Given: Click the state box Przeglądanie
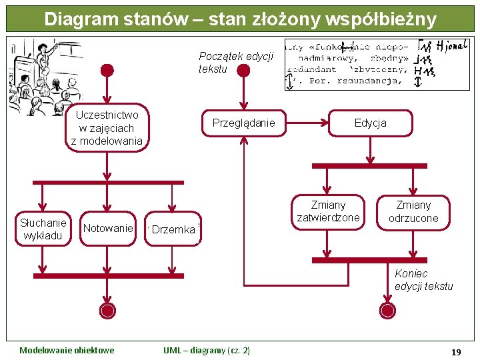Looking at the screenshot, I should (x=243, y=123).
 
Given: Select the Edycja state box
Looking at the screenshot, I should (x=370, y=123).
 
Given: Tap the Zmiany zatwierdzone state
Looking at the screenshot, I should (x=328, y=211).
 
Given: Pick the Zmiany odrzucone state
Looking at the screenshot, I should (x=413, y=211).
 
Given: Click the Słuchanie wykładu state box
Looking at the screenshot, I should (x=43, y=229).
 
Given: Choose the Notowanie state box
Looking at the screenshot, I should (x=108, y=229).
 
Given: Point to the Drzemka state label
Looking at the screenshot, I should (x=173, y=230).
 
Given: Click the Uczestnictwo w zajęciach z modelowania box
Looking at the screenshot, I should (x=107, y=128).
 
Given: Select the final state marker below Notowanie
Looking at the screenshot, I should (x=107, y=310).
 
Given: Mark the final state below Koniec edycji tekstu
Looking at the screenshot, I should (x=387, y=310).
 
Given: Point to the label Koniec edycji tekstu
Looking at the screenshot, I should (x=423, y=280).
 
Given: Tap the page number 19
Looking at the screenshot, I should (x=455, y=351).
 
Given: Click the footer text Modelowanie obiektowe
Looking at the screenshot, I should (x=67, y=351).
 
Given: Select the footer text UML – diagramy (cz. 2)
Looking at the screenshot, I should (x=207, y=351).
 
